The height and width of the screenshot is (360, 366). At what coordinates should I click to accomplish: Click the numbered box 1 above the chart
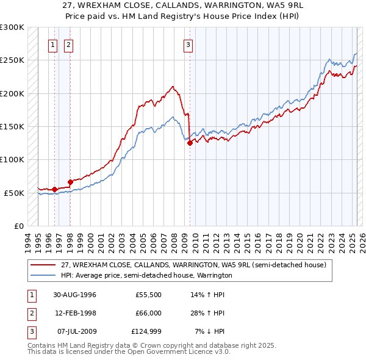[x=52, y=44]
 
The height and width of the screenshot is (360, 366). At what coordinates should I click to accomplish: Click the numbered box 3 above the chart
[x=188, y=44]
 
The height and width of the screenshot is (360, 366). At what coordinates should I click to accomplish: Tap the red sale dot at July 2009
[x=190, y=143]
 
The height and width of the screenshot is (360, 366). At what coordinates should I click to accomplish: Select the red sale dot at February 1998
[x=70, y=182]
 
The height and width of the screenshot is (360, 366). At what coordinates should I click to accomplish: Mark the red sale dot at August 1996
[x=55, y=189]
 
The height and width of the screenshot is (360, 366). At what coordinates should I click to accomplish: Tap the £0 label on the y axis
[x=17, y=226]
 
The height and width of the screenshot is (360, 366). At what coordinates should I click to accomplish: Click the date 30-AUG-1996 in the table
[x=74, y=294]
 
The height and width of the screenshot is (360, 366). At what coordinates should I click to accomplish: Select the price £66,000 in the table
[x=146, y=313]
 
